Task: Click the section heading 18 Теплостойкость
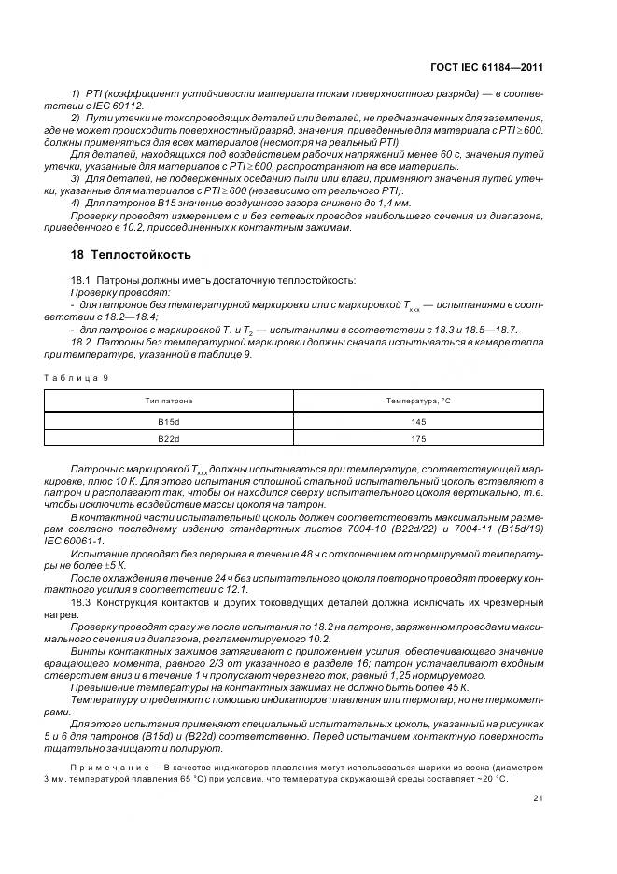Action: (x=131, y=254)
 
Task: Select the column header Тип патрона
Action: (x=168, y=401)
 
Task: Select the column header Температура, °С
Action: (x=419, y=401)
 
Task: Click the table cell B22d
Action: (x=168, y=439)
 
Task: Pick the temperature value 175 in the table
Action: (x=419, y=439)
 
